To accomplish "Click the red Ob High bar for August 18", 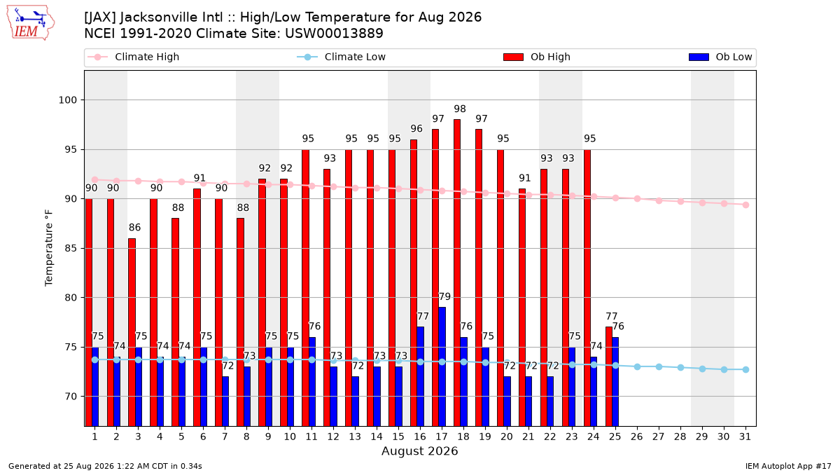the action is tap(456, 273).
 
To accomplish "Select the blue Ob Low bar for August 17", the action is tap(442, 366).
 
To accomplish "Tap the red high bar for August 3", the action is tap(132, 332).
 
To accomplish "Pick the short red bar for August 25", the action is tap(608, 376).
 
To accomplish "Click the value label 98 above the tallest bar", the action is tap(460, 109).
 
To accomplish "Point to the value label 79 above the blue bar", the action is tap(444, 296).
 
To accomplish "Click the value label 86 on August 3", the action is tap(134, 228).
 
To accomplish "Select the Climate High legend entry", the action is tap(133, 57).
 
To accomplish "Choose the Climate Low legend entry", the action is tap(342, 57).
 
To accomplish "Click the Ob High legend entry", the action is tap(537, 57).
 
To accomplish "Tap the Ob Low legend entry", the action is tap(720, 57).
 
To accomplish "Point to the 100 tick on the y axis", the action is tap(67, 100).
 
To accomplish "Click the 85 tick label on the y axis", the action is tap(71, 249).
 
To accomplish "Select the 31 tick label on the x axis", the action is tap(745, 437).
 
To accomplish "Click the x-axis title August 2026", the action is tap(419, 451).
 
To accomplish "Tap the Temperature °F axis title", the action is tap(49, 248).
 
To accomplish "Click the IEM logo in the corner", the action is tap(30, 23).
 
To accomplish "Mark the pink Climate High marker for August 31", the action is tap(746, 205).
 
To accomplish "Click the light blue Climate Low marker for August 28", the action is tap(680, 367).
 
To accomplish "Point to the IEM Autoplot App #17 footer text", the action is tap(788, 466).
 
